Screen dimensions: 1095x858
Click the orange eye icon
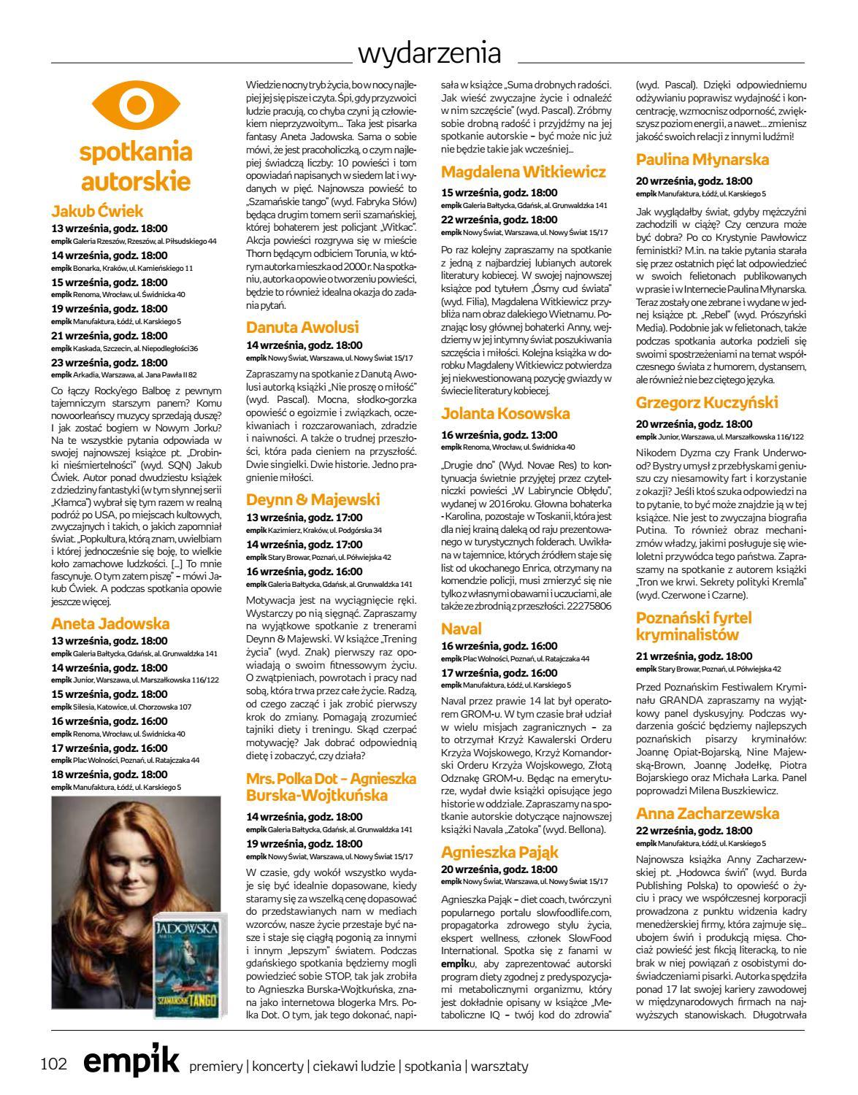point(134,105)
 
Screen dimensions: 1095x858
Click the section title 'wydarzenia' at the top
point(429,54)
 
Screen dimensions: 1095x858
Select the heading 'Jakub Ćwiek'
point(98,212)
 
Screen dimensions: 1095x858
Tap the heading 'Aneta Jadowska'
point(110,623)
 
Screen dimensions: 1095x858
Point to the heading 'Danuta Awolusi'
point(302,327)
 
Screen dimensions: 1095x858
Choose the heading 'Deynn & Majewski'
point(313,499)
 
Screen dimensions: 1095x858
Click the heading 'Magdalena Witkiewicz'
point(524,172)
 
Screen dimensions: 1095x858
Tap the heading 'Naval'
point(461,629)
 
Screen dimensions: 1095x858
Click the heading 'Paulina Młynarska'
point(702,160)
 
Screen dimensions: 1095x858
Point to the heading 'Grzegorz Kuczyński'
point(707,403)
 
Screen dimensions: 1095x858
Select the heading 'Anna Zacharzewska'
point(708,813)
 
